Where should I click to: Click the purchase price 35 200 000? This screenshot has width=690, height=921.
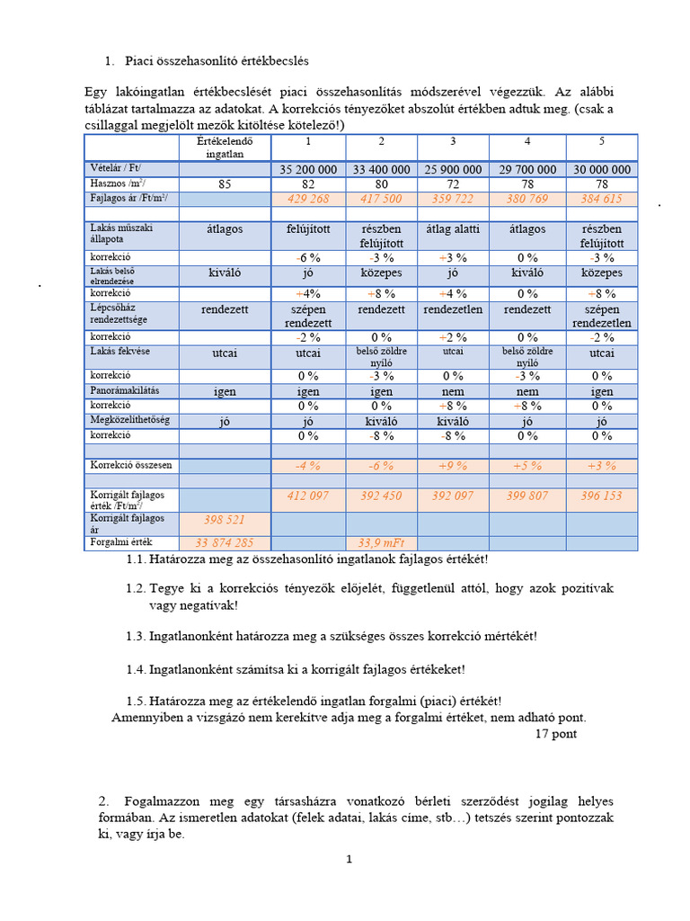(x=308, y=169)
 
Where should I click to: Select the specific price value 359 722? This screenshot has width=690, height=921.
(x=453, y=199)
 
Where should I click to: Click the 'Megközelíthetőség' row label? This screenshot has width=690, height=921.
(x=130, y=420)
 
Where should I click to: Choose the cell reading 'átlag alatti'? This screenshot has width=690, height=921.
(x=453, y=229)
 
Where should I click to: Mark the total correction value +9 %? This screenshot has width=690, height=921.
(x=453, y=466)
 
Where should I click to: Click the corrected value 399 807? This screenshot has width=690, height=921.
(x=527, y=496)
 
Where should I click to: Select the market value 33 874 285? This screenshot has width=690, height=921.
(x=224, y=542)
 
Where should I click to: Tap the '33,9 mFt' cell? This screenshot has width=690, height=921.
(x=382, y=542)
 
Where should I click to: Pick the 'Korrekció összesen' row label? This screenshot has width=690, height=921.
(x=131, y=465)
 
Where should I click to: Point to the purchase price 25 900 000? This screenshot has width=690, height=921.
(x=453, y=169)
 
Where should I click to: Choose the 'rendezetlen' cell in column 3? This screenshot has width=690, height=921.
(x=453, y=308)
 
